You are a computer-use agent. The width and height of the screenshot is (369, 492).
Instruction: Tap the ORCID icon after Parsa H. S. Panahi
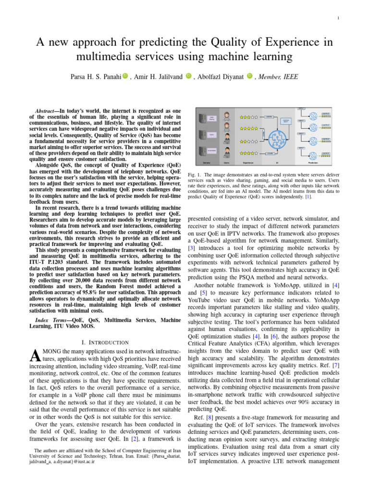[125, 75]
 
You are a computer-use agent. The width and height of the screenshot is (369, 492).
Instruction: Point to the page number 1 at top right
[339, 19]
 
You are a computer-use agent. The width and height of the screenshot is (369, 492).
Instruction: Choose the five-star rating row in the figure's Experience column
[249, 129]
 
